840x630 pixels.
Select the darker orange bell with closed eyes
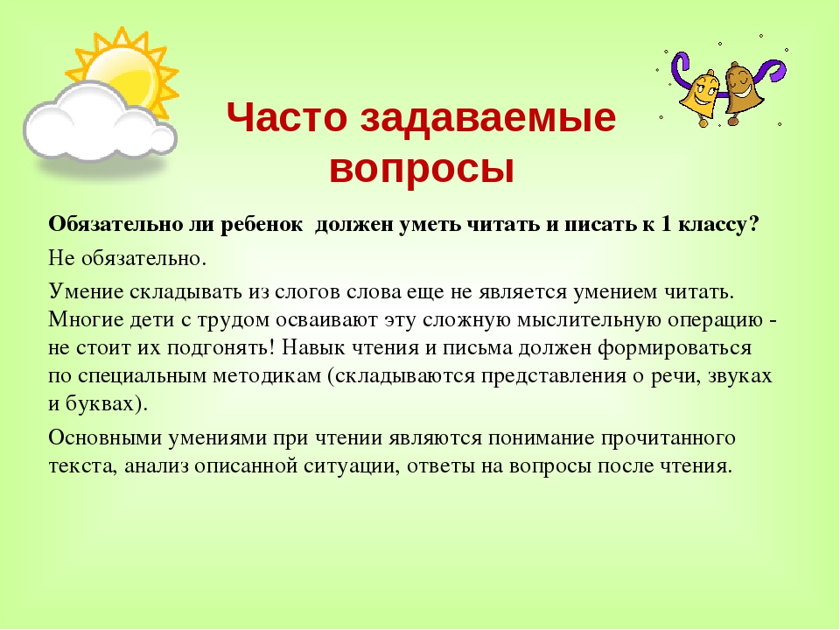tap(742, 91)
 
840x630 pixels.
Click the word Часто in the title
tap(287, 117)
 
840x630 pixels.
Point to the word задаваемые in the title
tap(488, 119)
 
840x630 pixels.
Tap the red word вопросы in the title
tap(422, 169)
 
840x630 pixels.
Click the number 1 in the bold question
tap(666, 224)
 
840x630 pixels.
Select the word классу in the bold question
tap(718, 225)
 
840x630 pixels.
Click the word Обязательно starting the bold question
tap(115, 224)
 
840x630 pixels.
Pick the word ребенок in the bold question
tap(261, 224)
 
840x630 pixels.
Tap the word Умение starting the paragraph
tap(86, 292)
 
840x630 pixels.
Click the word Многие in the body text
tap(85, 320)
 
